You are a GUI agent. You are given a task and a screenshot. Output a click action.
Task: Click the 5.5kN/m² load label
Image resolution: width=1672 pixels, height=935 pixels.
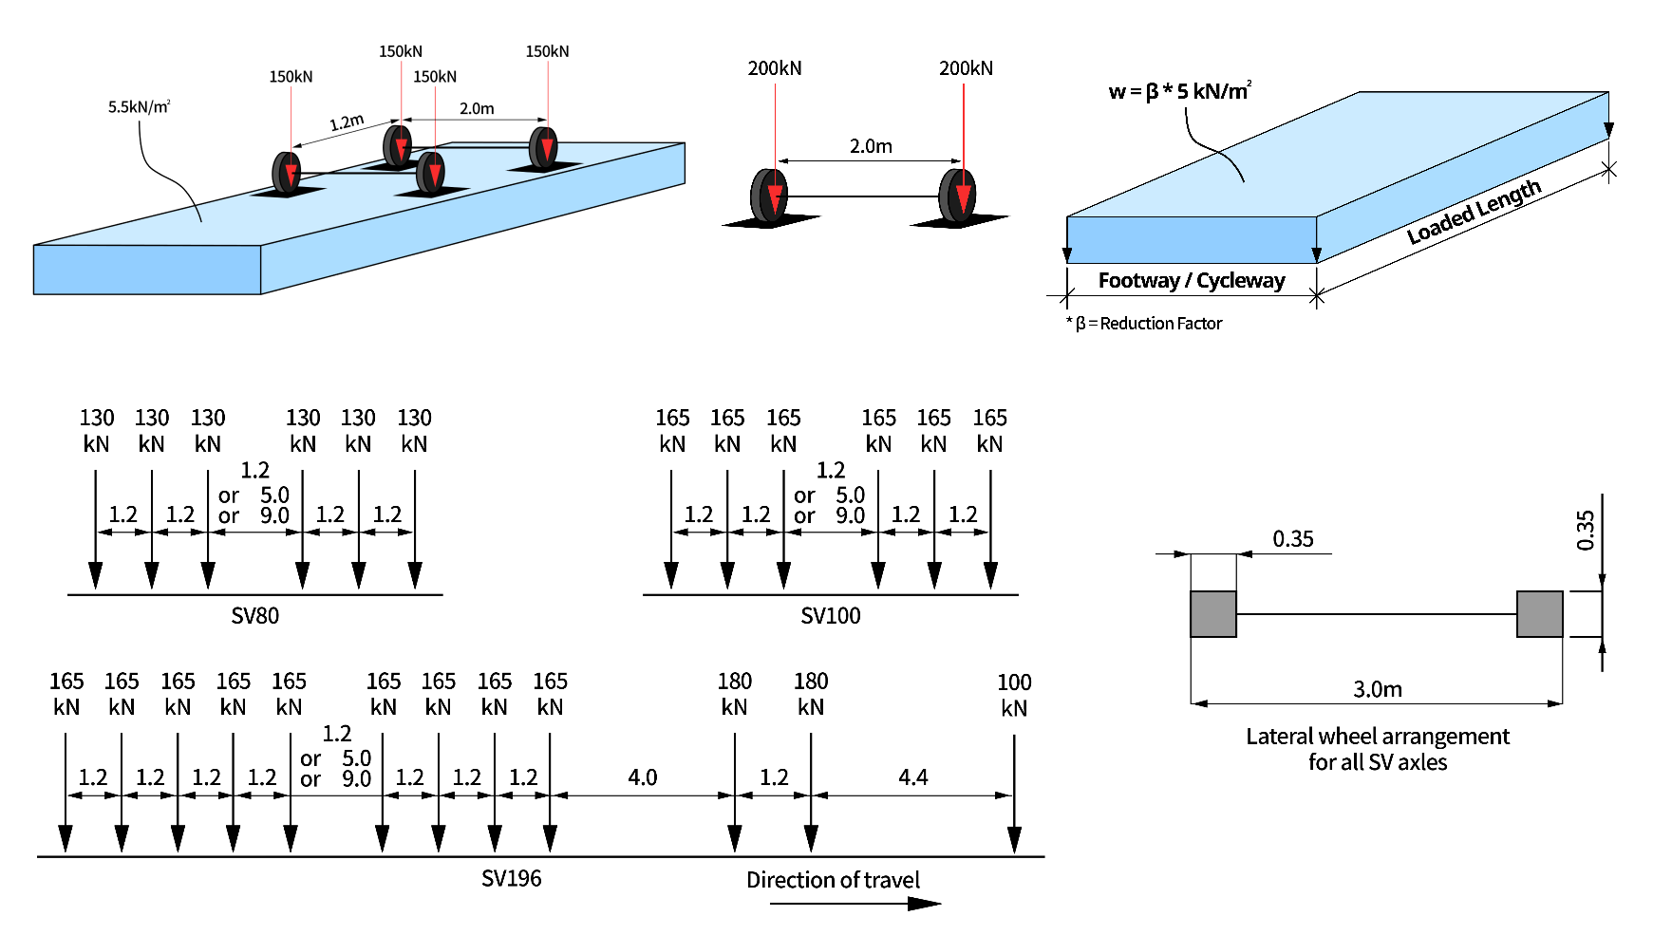[x=139, y=106]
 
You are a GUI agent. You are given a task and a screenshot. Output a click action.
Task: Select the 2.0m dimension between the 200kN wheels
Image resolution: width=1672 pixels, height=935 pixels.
[x=870, y=146]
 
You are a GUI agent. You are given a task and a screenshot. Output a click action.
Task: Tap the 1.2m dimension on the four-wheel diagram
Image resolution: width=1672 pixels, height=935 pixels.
[x=347, y=122]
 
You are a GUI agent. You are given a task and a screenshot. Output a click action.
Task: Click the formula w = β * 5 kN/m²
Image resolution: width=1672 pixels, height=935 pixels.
[x=1179, y=91]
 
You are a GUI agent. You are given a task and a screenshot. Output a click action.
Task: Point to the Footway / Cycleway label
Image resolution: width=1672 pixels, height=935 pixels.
[x=1191, y=280]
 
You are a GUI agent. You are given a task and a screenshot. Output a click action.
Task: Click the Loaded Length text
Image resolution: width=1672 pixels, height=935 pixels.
[x=1473, y=213]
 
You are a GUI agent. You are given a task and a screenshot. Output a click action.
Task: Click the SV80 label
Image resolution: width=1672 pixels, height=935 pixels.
[x=254, y=616]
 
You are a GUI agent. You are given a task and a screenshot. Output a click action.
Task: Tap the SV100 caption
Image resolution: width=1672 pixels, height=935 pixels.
[x=830, y=616]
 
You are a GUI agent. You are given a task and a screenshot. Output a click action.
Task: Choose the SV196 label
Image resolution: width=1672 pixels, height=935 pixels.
[x=511, y=879]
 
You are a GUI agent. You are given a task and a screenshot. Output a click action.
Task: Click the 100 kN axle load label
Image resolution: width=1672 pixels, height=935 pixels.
[x=1014, y=695]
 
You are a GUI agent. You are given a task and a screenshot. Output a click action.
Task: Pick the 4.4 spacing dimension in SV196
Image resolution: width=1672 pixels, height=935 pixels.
[x=912, y=777]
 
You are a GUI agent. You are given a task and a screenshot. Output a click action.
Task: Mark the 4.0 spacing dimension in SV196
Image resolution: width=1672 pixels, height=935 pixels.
[x=642, y=777]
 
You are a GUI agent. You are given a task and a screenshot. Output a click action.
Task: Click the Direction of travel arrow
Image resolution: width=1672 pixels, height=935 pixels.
[x=855, y=903]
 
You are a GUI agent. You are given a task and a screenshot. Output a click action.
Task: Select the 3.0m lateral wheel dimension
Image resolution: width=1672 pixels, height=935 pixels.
[x=1377, y=689]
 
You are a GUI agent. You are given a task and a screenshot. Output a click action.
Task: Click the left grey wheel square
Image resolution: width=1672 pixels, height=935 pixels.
[x=1213, y=614]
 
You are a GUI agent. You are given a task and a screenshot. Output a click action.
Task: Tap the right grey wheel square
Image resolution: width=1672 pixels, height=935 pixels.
[x=1539, y=614]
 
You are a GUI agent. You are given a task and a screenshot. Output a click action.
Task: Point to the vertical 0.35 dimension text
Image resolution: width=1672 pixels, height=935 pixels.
[x=1585, y=531]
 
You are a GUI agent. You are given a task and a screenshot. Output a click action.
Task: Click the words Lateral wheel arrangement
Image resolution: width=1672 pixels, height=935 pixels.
[x=1377, y=737]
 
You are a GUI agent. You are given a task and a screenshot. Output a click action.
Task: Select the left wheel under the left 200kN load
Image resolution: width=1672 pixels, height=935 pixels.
[x=768, y=196]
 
